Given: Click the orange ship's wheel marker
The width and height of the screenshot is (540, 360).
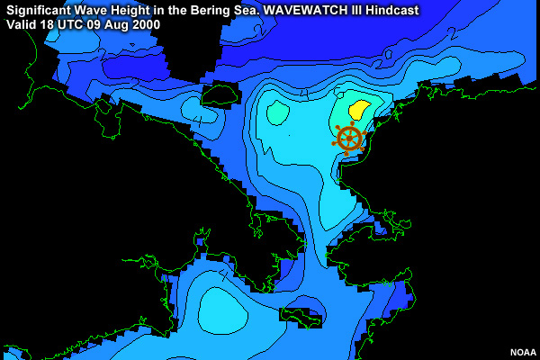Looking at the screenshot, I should coord(348,139).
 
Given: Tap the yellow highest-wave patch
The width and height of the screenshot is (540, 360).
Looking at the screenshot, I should coord(358,111).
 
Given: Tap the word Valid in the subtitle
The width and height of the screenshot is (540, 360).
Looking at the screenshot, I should coord(22,25).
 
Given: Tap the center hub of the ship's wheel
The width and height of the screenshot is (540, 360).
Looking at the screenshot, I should coord(348,139).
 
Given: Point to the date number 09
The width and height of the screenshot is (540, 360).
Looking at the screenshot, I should coord(95,25).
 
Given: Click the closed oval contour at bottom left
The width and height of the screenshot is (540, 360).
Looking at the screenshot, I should coord(220,310).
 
